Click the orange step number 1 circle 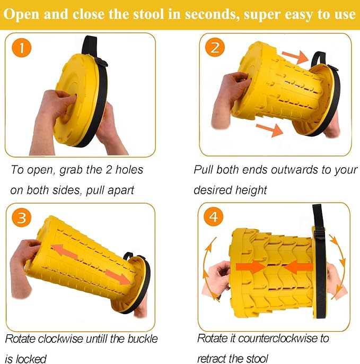(x=22, y=48)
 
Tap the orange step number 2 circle (x=215, y=47)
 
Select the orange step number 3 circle (x=22, y=218)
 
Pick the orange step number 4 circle (x=213, y=217)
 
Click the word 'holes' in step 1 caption (x=129, y=170)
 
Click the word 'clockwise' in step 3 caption (x=60, y=339)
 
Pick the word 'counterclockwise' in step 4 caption (x=277, y=339)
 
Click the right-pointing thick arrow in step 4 (x=251, y=266)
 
